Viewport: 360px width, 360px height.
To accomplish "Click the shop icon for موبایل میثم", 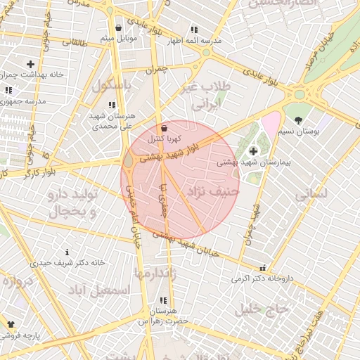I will point(118,28).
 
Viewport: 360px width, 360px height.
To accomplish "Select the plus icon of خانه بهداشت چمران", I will point(30,65).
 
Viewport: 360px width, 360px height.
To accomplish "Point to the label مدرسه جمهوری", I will point(25,101).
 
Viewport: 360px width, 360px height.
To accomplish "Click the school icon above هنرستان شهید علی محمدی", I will point(112,105).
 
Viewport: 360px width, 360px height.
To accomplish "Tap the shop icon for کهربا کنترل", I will point(165,129).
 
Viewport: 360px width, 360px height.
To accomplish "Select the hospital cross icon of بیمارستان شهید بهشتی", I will point(253,151).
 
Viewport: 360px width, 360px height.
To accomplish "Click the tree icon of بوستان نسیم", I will point(298,120).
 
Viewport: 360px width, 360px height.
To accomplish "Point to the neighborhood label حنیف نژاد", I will point(214,191).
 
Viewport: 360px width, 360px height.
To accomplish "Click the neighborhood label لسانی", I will point(311,195).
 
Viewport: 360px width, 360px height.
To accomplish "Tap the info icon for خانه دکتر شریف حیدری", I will point(67,252).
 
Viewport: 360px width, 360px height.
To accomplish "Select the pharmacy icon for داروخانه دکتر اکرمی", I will point(263,268).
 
